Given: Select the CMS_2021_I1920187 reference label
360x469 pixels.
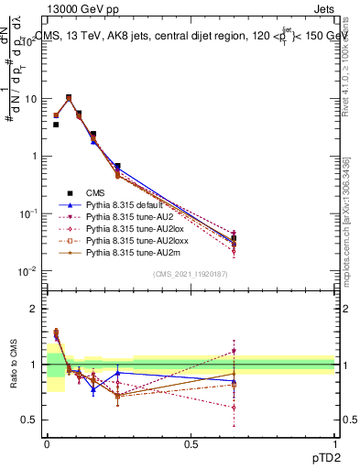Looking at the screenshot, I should pyautogui.click(x=190, y=274).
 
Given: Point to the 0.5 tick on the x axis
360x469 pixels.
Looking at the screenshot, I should pyautogui.click(x=191, y=442).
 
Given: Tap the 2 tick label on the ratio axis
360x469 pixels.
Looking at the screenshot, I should pyautogui.click(x=36, y=309).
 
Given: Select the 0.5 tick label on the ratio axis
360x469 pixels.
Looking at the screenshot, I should pyautogui.click(x=32, y=420).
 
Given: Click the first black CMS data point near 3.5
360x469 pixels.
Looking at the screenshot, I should pyautogui.click(x=56, y=125).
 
